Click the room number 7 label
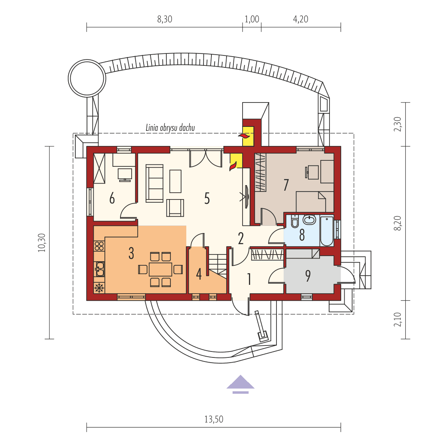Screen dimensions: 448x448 (286, 185)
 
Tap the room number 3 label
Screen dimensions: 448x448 (131, 253)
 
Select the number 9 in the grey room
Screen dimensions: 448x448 (308, 276)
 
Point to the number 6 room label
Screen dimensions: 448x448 (112, 198)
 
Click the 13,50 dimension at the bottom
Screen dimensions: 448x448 (214, 419)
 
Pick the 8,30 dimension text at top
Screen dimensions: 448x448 (165, 19)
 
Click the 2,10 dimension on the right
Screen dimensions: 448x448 (397, 320)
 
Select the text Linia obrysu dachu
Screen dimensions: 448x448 (170, 128)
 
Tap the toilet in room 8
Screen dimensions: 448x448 (295, 222)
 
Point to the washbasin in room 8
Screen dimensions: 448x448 (309, 219)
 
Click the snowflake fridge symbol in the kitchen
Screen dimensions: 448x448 (99, 287)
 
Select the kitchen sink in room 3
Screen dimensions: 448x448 (99, 268)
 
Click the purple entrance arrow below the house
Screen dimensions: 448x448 (241, 383)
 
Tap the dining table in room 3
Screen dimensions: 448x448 (160, 269)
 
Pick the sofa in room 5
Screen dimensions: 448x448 (154, 183)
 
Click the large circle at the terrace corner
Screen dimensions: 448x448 (87, 78)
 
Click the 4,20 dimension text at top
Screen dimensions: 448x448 (301, 19)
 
